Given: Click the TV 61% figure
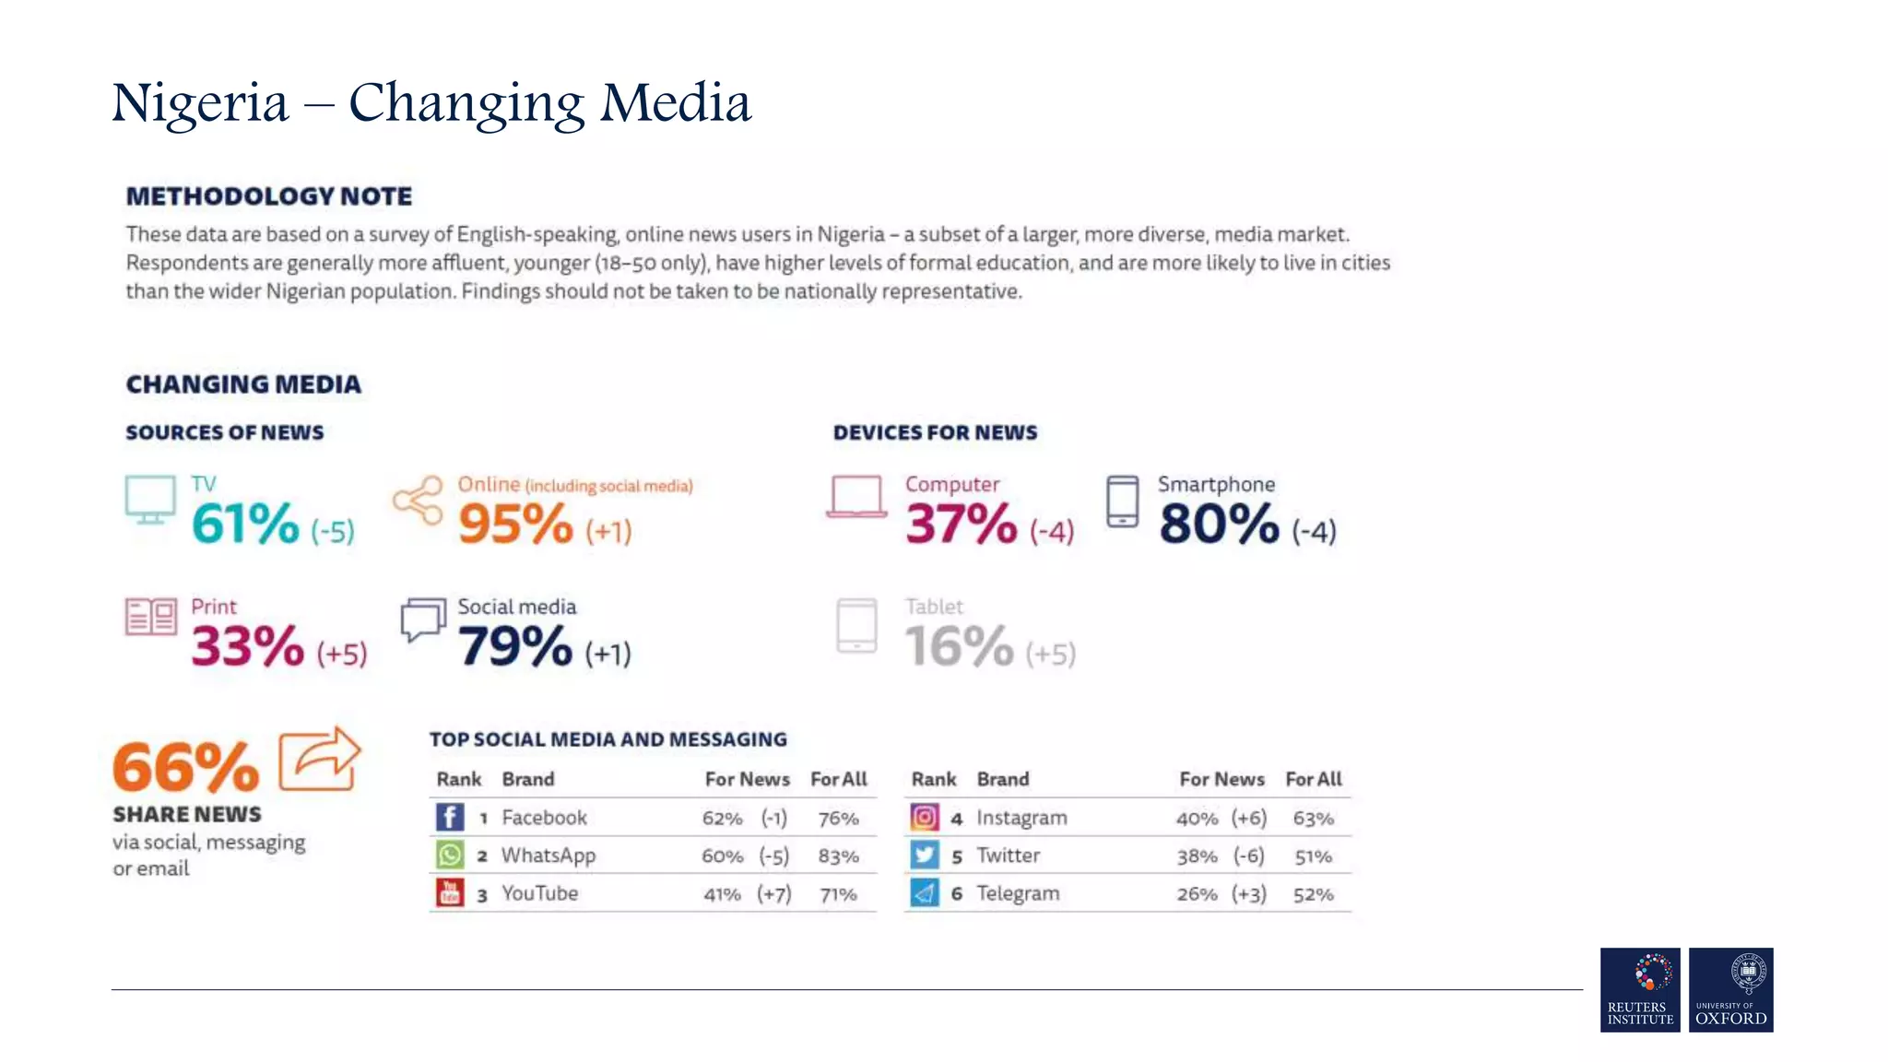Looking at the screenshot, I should [x=245, y=524].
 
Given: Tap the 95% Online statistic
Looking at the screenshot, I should [x=515, y=524].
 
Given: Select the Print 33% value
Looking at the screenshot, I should [x=247, y=645].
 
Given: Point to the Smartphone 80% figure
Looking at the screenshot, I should [x=1219, y=524].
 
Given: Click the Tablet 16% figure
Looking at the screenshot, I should [x=959, y=645].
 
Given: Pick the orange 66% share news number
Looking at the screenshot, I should [x=185, y=767].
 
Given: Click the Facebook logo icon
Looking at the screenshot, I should [x=450, y=817].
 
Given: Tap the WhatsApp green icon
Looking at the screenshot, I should [x=450, y=855].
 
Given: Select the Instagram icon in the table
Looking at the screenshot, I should [x=925, y=817].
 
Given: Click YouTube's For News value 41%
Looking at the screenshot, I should [x=722, y=894].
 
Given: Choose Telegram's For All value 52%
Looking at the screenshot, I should [x=1313, y=894].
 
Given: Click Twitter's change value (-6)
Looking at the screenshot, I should [x=1248, y=856].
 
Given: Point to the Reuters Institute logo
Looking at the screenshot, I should [x=1640, y=989].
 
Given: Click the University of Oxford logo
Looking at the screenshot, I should [x=1730, y=989].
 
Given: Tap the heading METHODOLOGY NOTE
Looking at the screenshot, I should [x=269, y=196].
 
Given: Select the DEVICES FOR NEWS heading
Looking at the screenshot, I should [x=935, y=432].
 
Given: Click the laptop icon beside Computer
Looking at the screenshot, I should [x=856, y=497].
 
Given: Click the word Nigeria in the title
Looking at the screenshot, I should [x=200, y=102].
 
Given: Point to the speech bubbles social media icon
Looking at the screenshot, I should [x=423, y=619].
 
